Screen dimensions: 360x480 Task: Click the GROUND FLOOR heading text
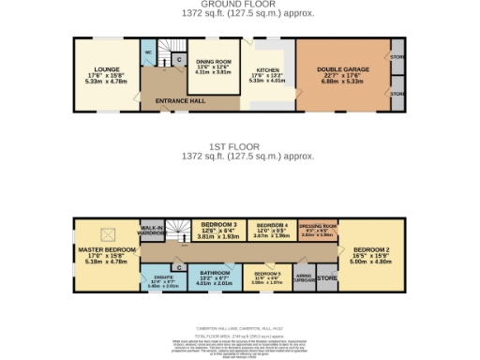[239, 4]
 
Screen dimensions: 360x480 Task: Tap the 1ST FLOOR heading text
[239, 148]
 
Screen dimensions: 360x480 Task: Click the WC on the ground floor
[148, 53]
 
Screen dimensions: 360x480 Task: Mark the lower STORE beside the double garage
[397, 95]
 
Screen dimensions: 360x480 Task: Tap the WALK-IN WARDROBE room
[153, 230]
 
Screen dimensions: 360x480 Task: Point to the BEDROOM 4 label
[273, 227]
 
